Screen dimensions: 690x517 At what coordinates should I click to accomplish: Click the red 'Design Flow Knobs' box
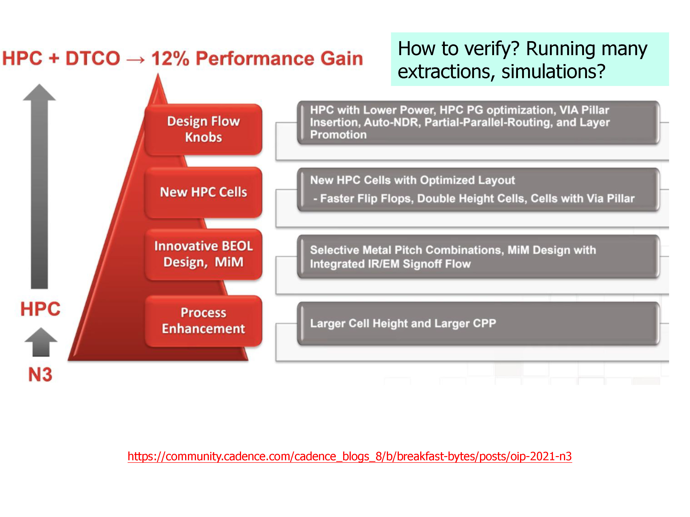click(203, 129)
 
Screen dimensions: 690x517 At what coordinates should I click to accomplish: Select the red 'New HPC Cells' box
click(203, 192)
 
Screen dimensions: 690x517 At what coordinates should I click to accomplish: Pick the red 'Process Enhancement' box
click(203, 321)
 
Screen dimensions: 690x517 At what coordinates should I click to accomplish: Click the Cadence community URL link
click(350, 456)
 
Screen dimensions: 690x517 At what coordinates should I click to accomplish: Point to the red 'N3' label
click(40, 374)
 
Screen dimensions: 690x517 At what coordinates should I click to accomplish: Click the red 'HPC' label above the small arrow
click(40, 309)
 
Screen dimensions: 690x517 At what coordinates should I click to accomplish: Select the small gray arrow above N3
click(41, 342)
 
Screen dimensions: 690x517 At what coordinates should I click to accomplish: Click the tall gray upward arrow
click(39, 186)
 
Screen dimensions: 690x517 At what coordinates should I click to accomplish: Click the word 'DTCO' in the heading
click(93, 58)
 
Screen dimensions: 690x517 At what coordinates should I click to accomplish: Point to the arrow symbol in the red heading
click(136, 59)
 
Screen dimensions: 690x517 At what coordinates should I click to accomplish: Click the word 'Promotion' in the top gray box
click(339, 135)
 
